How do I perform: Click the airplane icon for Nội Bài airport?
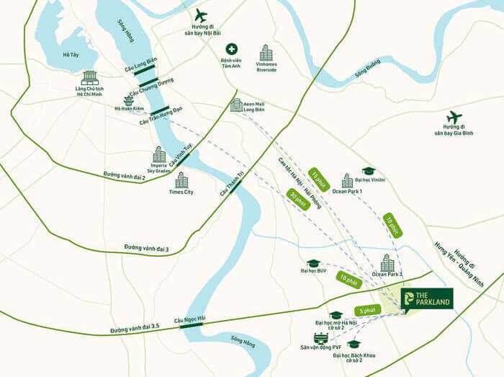200,15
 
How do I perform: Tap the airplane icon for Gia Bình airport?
454,117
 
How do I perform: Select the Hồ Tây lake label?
71,55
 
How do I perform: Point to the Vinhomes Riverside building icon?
266,52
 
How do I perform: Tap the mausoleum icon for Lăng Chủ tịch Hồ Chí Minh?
90,77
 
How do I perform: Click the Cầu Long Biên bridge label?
140,63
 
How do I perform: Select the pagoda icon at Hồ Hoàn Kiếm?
129,100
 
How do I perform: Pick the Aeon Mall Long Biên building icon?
236,105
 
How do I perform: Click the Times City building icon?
181,179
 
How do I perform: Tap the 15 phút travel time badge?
318,179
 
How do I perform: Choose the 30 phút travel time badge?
299,199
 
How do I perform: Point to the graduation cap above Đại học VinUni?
369,172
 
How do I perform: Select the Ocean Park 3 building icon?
387,262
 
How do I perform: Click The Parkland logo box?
427,298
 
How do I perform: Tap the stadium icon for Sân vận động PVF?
320,338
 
